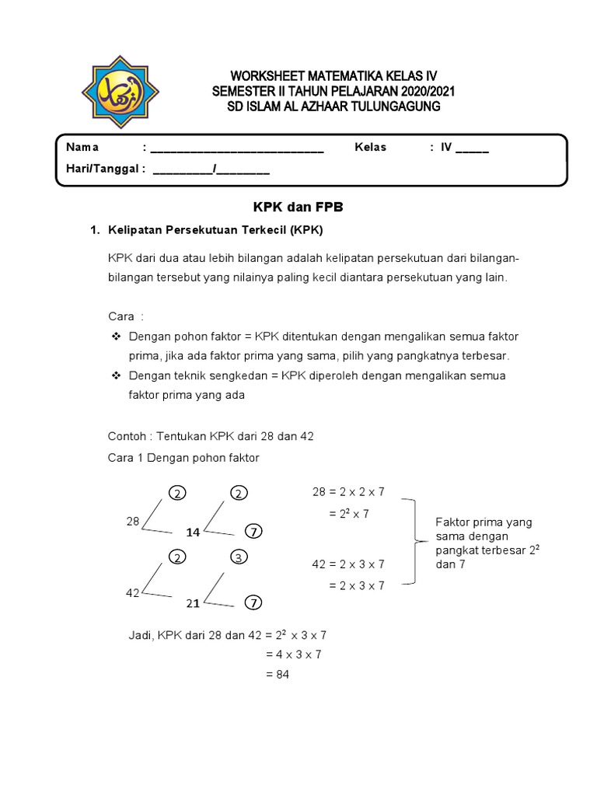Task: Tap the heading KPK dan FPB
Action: [x=298, y=208]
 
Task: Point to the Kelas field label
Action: [x=370, y=147]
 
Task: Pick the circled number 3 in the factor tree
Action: [x=239, y=558]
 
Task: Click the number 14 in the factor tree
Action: [x=194, y=532]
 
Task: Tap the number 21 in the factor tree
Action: [x=194, y=602]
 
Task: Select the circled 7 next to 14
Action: [x=253, y=532]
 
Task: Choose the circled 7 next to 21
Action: [x=253, y=602]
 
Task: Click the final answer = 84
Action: [x=277, y=675]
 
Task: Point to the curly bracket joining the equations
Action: [x=411, y=542]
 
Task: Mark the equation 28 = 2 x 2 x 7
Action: [x=348, y=491]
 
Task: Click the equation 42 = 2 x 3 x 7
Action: [x=348, y=564]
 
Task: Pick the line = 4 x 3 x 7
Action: [x=293, y=655]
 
